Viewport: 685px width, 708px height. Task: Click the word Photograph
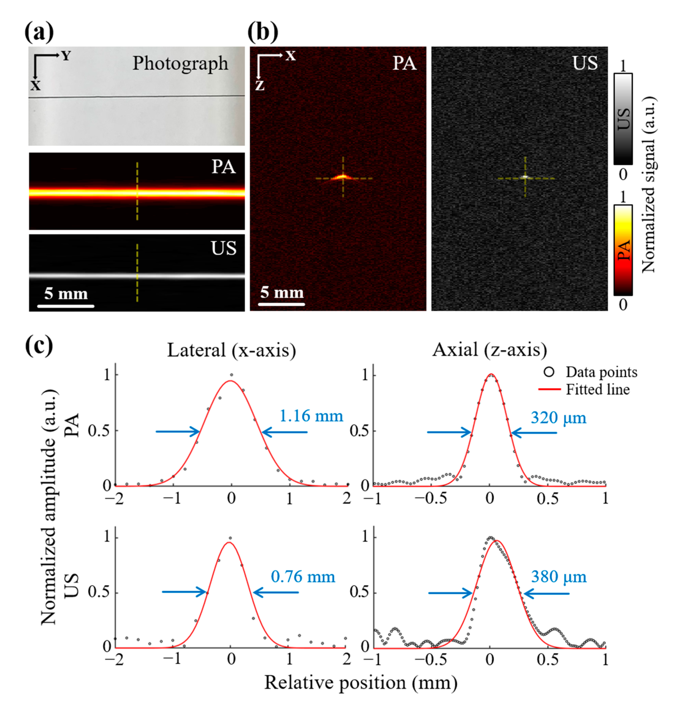(180, 64)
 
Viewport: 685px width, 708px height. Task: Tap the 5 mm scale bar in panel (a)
(66, 306)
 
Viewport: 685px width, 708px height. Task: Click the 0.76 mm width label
(303, 577)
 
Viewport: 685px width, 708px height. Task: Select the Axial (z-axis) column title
(490, 350)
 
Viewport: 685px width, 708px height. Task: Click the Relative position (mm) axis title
(361, 683)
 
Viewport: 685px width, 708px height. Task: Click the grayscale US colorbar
(623, 119)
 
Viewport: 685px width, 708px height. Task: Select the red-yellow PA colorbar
(623, 250)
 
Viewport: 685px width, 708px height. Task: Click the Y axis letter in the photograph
(66, 56)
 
